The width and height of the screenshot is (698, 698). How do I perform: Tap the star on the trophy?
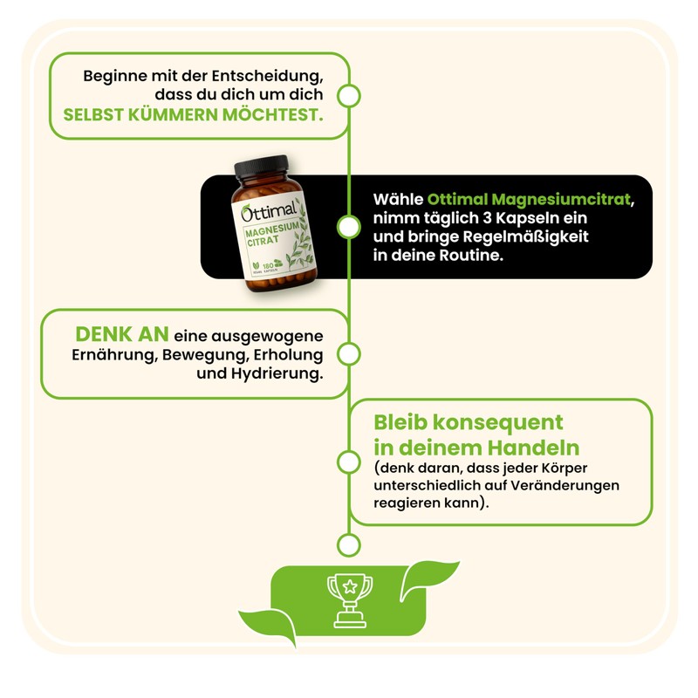click(x=349, y=586)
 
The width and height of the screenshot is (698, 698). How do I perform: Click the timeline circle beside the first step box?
click(x=349, y=95)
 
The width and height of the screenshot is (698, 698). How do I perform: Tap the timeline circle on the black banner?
click(x=349, y=227)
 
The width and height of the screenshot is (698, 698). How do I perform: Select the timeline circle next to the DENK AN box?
click(x=349, y=353)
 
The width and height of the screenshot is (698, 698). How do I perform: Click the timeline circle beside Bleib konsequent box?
click(x=349, y=462)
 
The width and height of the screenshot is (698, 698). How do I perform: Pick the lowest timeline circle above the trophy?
click(x=349, y=545)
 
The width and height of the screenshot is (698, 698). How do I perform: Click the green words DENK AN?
click(x=120, y=335)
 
